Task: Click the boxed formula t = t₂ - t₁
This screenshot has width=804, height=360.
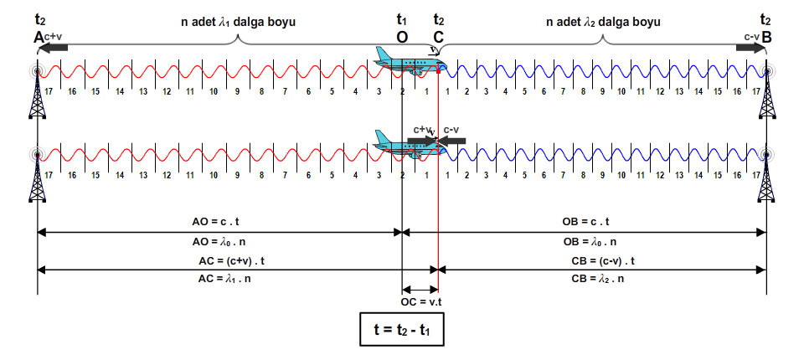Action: tap(401, 329)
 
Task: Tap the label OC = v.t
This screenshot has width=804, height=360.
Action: tap(421, 301)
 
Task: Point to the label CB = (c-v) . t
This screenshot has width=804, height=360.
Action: tap(603, 261)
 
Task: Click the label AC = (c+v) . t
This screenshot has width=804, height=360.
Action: tap(232, 261)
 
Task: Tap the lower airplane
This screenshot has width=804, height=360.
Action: tap(410, 144)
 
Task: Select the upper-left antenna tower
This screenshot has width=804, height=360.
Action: tap(38, 91)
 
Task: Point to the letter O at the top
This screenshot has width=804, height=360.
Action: tap(401, 37)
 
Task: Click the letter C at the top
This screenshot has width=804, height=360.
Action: tap(438, 37)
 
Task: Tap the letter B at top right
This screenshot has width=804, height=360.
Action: tap(766, 37)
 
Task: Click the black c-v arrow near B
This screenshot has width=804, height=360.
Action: tap(750, 48)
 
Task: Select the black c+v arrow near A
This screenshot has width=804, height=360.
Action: tap(53, 48)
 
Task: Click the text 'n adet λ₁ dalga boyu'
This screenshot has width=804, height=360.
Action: tap(238, 22)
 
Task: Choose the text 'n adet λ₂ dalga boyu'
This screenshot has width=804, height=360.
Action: tap(603, 22)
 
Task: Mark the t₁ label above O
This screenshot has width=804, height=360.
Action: tap(401, 20)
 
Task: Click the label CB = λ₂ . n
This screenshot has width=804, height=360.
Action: tap(597, 280)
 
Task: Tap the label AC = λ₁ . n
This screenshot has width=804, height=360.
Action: tap(224, 280)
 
